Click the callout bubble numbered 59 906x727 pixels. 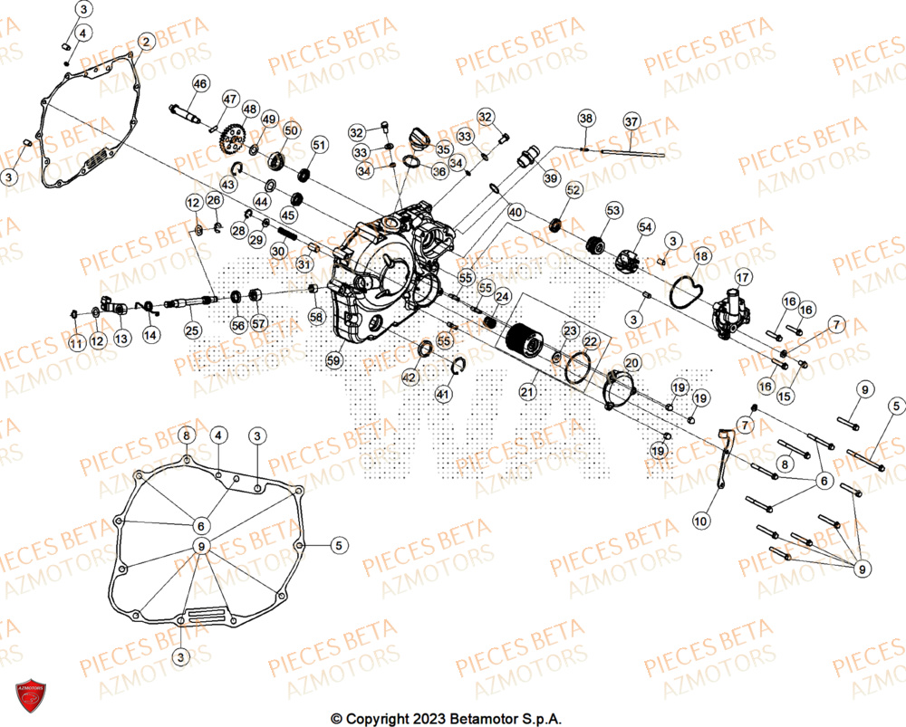[334, 361]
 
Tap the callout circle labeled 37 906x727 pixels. [631, 121]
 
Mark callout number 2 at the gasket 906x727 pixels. [145, 41]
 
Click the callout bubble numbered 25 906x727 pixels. [192, 331]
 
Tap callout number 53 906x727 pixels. [614, 211]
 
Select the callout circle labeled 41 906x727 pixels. [443, 394]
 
